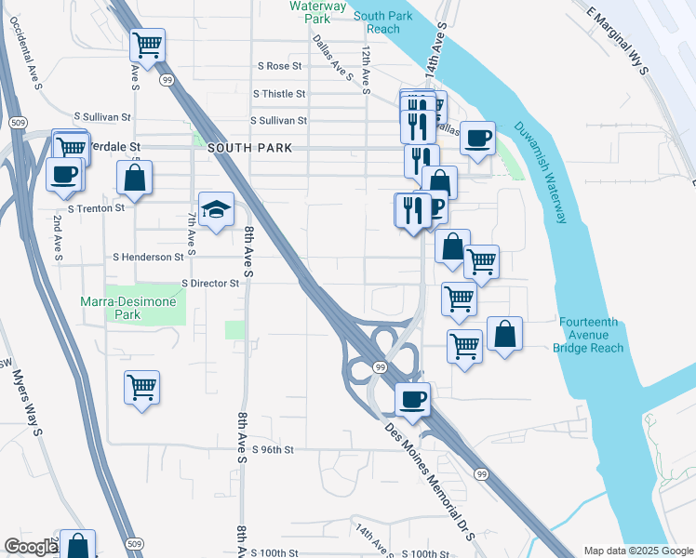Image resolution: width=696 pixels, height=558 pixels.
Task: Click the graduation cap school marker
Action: (x=216, y=209)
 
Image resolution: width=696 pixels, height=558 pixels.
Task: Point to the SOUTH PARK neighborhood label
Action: (x=250, y=148)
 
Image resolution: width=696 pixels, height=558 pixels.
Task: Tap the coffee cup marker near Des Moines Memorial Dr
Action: (x=413, y=401)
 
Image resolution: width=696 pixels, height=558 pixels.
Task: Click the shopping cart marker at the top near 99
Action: (x=147, y=44)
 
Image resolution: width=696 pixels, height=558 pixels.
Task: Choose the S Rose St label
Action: (x=280, y=67)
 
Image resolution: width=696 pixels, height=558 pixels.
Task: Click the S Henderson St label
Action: (x=148, y=257)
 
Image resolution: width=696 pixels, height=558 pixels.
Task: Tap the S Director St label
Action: (x=210, y=282)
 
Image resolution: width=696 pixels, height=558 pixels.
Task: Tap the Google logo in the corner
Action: (x=31, y=547)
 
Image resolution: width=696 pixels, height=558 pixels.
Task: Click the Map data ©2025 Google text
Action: (x=637, y=551)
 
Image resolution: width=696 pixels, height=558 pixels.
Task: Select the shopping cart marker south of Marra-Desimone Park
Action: (x=141, y=387)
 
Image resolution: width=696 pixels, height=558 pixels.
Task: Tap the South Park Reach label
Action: (x=377, y=22)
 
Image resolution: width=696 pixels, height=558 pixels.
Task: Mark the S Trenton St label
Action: (x=93, y=208)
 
